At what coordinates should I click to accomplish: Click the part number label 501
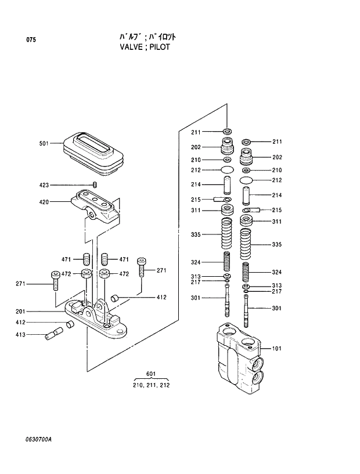coord(44,143)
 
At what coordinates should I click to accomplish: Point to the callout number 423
coord(44,185)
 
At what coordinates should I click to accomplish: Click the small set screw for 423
coord(94,184)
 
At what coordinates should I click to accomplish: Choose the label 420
coord(44,202)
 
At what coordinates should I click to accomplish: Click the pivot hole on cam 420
coord(92,216)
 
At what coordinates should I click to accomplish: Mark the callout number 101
coord(276,349)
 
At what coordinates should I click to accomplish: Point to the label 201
coord(36,312)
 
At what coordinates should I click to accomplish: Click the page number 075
coord(30,40)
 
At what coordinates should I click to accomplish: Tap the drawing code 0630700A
coord(35,439)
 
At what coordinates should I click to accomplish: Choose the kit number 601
coord(151,373)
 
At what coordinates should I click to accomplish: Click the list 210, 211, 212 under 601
coord(151,384)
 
